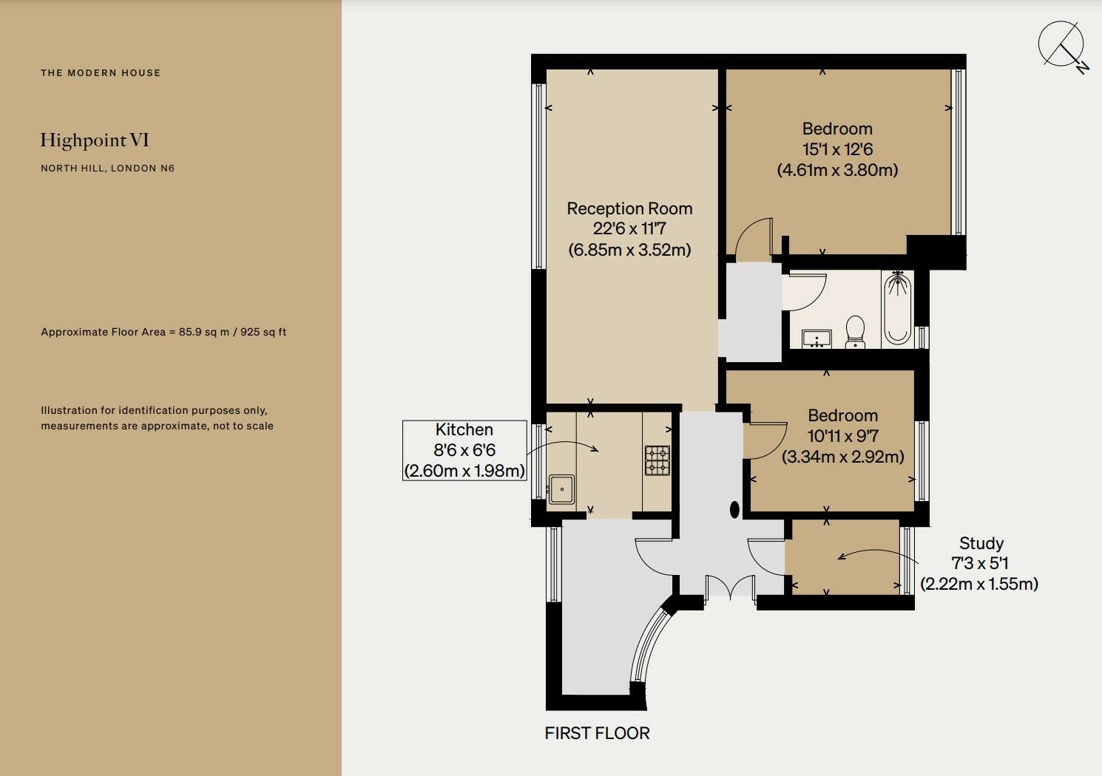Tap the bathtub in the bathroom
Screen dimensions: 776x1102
(897, 309)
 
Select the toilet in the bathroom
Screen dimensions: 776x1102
(855, 331)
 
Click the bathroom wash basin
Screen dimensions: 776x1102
(817, 338)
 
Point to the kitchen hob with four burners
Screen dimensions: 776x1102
(657, 460)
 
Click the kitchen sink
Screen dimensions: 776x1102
(561, 489)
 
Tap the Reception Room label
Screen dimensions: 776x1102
(629, 208)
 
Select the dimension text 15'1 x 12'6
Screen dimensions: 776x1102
(837, 149)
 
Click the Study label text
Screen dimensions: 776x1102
(981, 543)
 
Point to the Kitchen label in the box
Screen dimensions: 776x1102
(464, 429)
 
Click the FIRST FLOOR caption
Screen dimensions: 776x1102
(597, 733)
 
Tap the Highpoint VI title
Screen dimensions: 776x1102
(95, 140)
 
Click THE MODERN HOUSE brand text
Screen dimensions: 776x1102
(101, 72)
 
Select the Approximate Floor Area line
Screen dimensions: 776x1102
(163, 332)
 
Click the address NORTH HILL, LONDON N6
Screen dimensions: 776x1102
(107, 168)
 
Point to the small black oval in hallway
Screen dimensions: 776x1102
(734, 509)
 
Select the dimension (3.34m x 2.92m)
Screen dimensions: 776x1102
(842, 457)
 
